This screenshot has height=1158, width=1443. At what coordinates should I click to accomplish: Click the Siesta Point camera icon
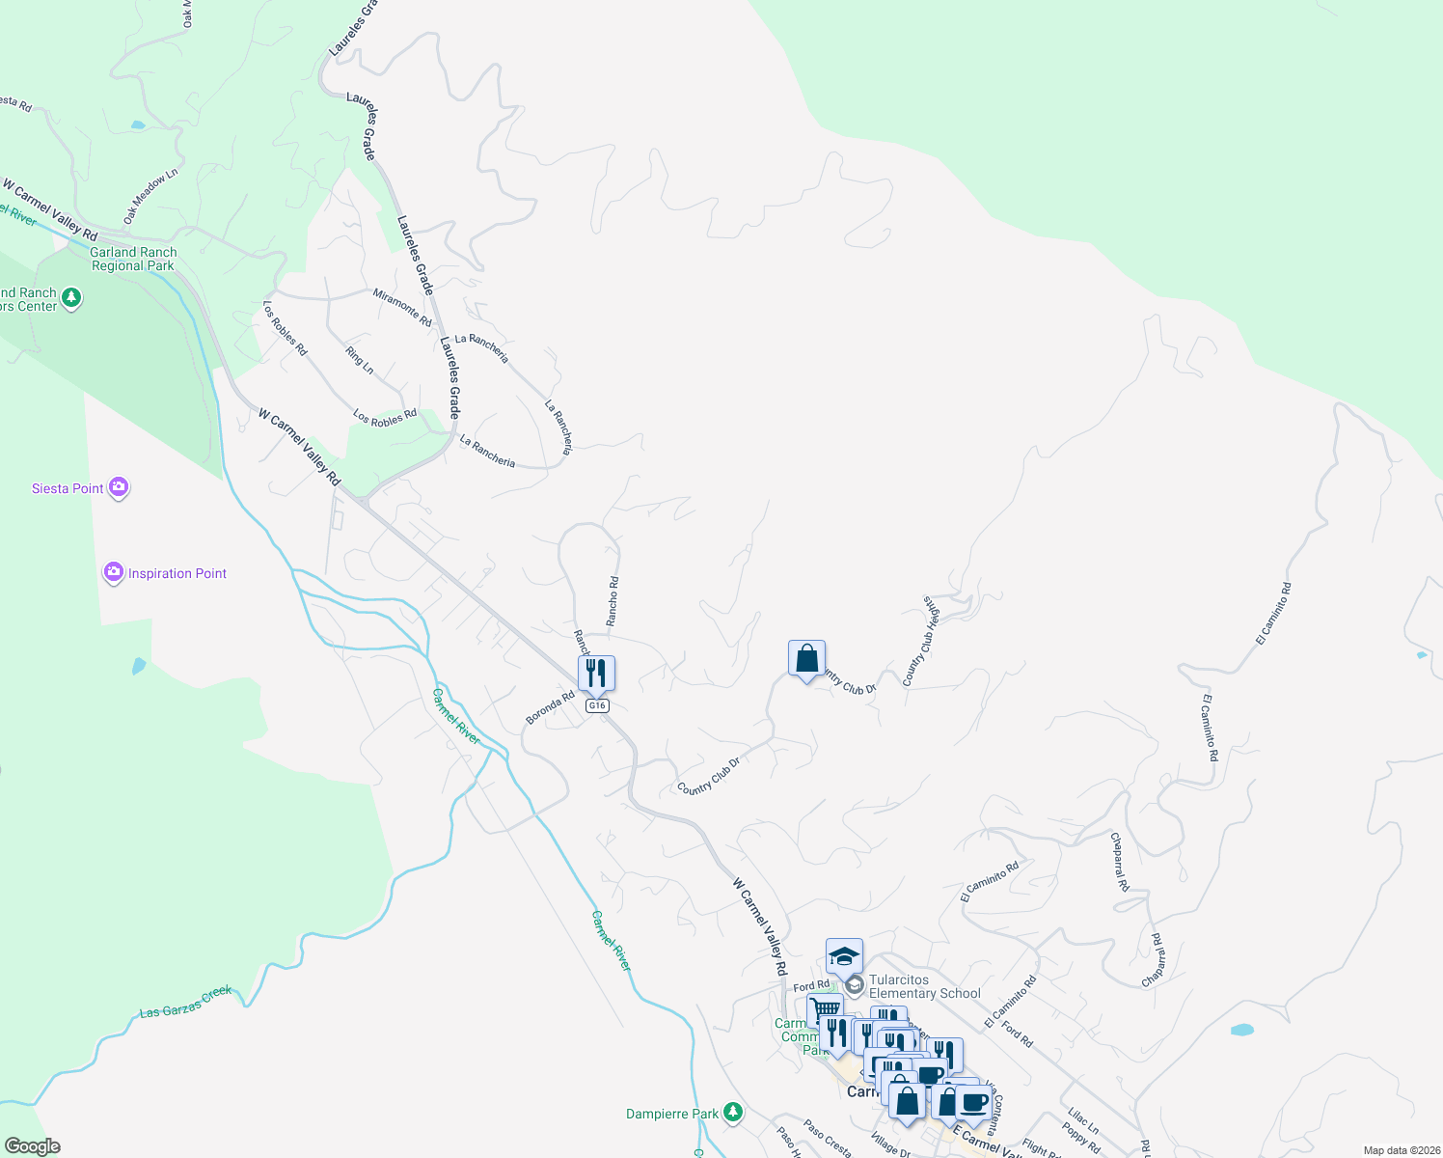pos(119,487)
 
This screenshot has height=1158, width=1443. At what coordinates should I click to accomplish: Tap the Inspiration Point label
pos(177,573)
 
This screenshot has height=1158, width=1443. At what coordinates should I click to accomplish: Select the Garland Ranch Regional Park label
pos(133,259)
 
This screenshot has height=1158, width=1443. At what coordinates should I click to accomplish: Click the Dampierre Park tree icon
pos(733,1114)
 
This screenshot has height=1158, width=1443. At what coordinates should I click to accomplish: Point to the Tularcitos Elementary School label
pos(924,986)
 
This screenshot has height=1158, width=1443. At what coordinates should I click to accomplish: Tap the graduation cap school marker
pos(844,956)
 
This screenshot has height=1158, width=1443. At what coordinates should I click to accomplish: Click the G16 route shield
pos(597,705)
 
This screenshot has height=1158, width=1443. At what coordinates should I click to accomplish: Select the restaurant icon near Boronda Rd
pos(596,673)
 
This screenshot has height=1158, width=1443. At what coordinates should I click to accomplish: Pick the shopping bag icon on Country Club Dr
pos(806,659)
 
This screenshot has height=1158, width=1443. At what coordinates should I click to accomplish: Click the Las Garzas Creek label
pos(186,1002)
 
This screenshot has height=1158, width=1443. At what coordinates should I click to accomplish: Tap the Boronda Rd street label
pos(550,707)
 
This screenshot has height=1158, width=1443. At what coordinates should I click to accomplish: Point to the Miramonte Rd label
pos(402,307)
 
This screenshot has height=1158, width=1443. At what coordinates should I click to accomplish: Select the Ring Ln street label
pos(360,361)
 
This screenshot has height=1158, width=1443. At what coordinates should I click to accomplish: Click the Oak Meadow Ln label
pos(150,197)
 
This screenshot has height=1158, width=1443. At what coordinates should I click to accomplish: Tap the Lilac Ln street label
pos(1082,1120)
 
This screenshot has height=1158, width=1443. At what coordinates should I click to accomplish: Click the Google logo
pos(32,1146)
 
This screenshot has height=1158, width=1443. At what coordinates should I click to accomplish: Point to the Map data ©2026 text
pos(1401,1150)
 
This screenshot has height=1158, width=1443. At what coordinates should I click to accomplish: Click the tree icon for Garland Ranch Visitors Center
pos(70,299)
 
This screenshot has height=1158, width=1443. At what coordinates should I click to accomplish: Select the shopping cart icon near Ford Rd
pos(825,1010)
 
